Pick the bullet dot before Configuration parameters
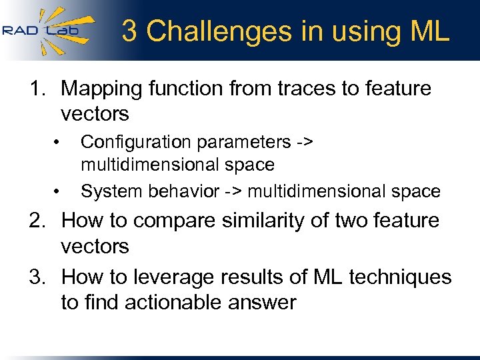click(58, 141)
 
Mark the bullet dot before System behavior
click(58, 192)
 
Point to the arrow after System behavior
click(233, 192)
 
